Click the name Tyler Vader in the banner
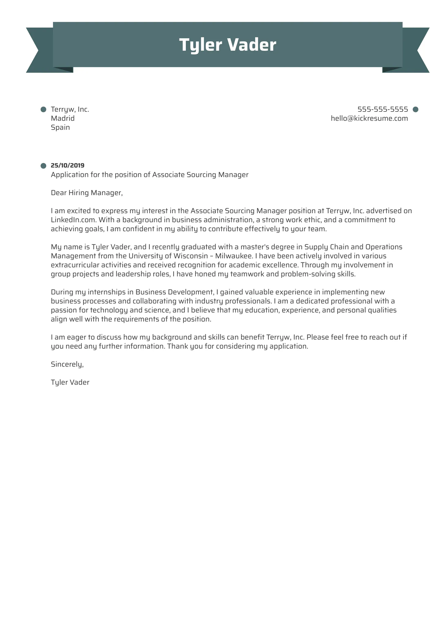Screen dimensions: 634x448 (227, 45)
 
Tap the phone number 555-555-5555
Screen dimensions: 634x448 (382, 109)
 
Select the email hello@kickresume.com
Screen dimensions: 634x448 (369, 118)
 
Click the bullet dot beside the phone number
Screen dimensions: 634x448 (415, 109)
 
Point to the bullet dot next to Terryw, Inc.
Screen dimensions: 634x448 (43, 109)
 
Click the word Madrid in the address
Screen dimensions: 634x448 (63, 118)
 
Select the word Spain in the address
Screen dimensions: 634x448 (60, 127)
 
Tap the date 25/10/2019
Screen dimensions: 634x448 (67, 166)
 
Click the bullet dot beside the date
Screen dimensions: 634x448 (43, 166)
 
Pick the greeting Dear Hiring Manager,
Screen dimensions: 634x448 (87, 193)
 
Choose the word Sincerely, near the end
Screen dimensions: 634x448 (67, 364)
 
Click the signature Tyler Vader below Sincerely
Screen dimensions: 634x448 (70, 382)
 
